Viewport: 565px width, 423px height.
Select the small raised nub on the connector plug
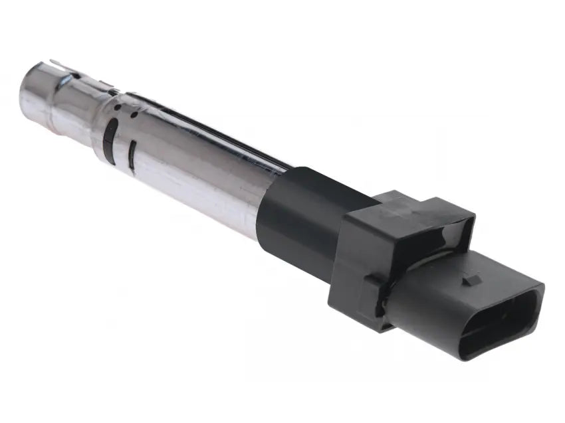(472, 280)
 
